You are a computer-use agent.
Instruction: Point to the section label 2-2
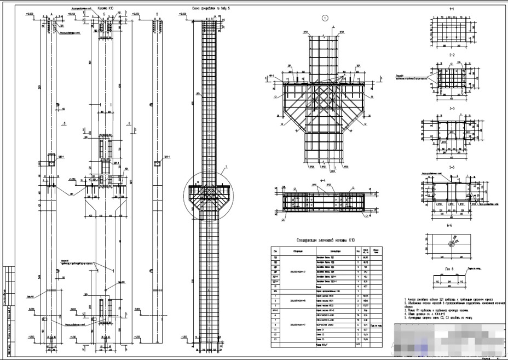pos(452,56)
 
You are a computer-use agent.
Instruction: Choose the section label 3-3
pos(452,108)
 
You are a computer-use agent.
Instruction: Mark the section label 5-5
pos(452,167)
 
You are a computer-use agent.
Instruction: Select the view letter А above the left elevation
pos(51,13)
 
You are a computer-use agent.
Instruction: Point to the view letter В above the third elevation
pos(157,13)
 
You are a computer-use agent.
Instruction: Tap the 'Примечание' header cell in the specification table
pos(376,251)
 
